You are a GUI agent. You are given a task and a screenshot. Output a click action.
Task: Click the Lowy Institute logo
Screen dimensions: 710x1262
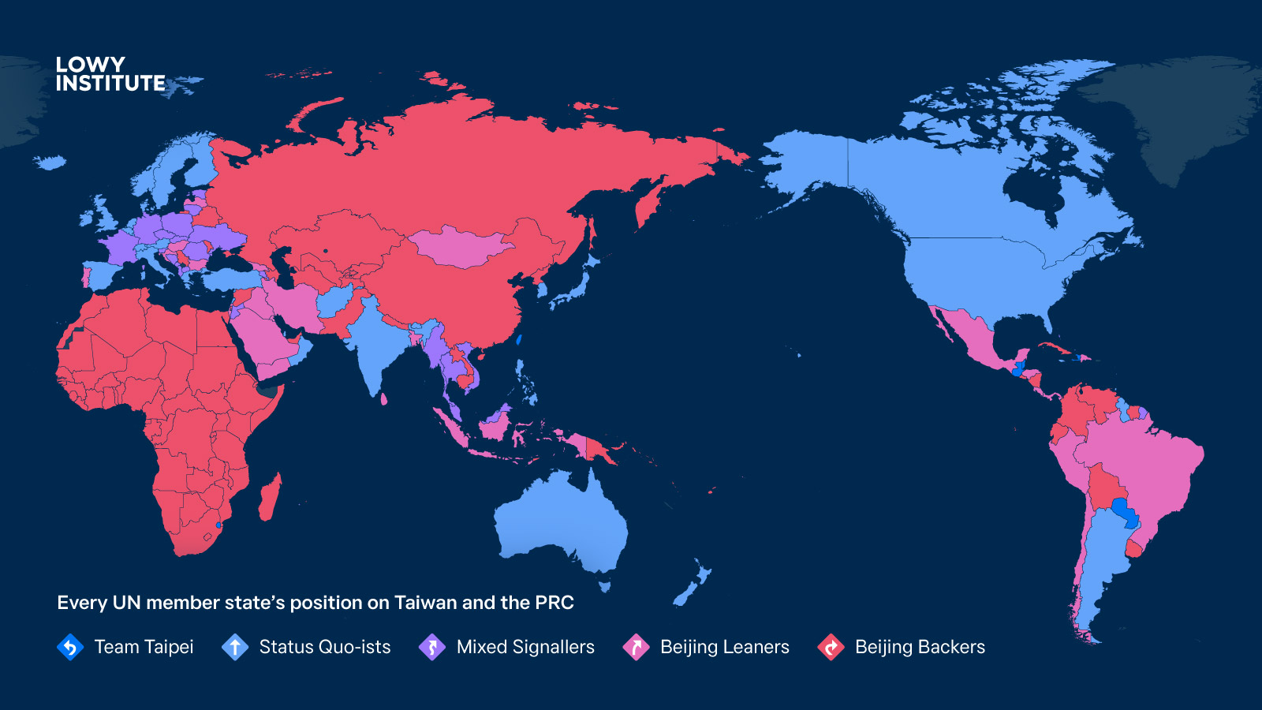pyautogui.click(x=110, y=74)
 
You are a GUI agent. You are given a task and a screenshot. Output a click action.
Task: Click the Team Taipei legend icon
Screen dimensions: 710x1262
pyautogui.click(x=70, y=647)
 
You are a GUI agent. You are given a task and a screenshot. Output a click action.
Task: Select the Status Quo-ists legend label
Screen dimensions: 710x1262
pyautogui.click(x=324, y=647)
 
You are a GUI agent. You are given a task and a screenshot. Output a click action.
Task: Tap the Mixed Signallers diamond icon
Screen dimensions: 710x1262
pyautogui.click(x=432, y=647)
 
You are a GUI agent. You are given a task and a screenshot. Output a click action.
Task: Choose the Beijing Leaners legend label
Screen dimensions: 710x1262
pyautogui.click(x=724, y=647)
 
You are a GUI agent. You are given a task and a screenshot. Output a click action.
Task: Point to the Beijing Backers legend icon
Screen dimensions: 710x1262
pyautogui.click(x=831, y=647)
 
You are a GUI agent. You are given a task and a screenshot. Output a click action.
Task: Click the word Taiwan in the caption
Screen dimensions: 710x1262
pyautogui.click(x=425, y=603)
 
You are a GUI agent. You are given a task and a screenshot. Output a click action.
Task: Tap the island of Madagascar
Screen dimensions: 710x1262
pyautogui.click(x=271, y=497)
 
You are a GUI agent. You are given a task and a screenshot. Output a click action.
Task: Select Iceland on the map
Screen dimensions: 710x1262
pyautogui.click(x=50, y=163)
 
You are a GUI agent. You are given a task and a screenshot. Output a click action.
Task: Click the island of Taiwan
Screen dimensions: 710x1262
pyautogui.click(x=519, y=340)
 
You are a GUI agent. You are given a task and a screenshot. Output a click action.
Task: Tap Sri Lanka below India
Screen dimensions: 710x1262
pyautogui.click(x=384, y=398)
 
